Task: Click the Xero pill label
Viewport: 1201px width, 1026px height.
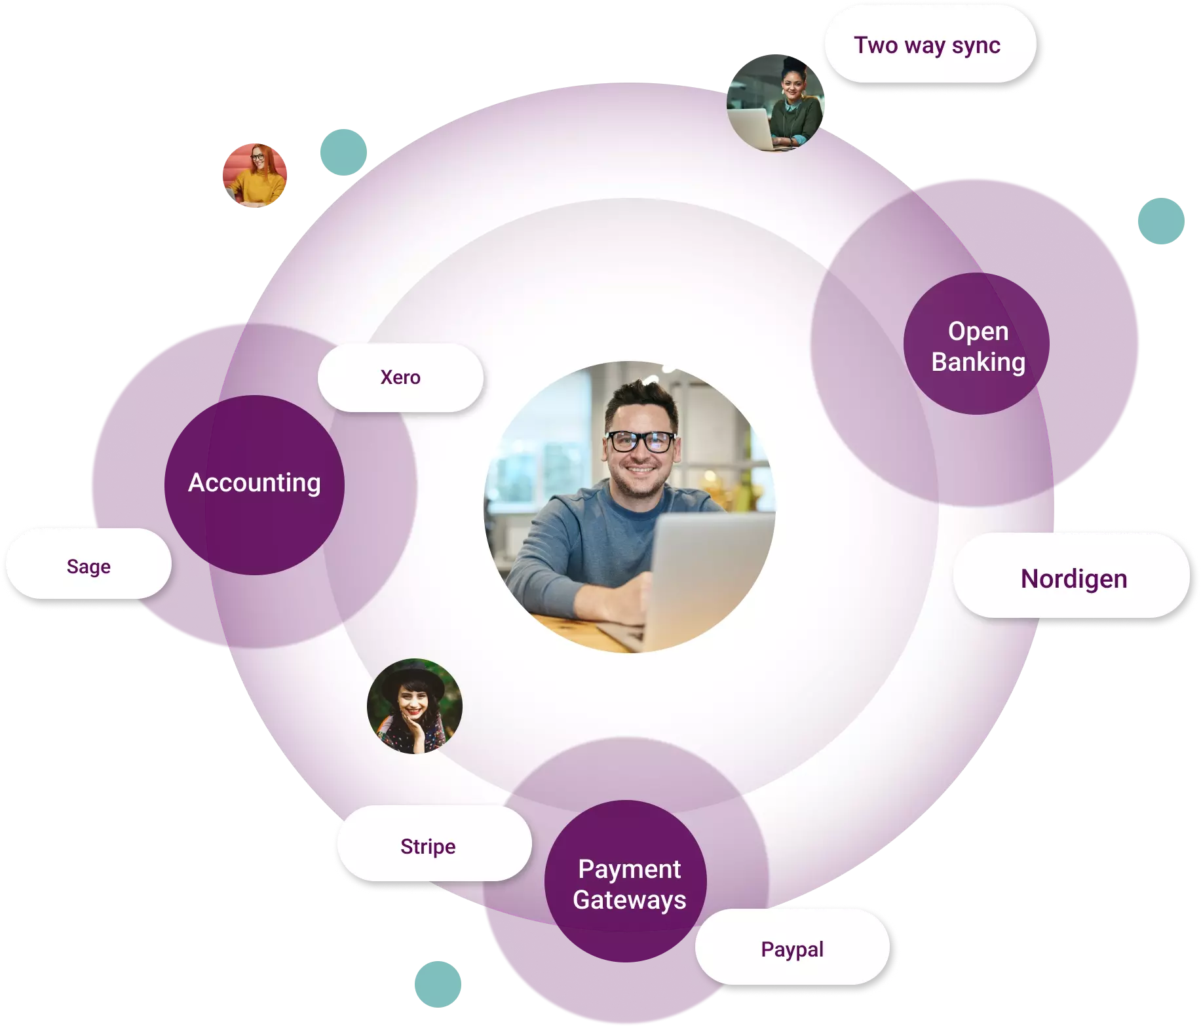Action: [x=400, y=377]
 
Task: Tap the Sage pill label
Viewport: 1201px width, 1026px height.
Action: [x=88, y=566]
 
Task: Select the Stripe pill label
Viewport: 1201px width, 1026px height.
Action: [x=428, y=846]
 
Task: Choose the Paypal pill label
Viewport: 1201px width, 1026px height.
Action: [x=792, y=949]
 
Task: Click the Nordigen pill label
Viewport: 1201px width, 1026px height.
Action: [x=1073, y=579]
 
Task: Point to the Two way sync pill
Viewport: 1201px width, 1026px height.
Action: [x=927, y=45]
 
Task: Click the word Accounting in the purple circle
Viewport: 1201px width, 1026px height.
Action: [x=254, y=483]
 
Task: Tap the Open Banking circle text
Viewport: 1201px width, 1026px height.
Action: [x=978, y=347]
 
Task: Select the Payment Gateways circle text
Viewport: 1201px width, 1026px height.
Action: [x=629, y=884]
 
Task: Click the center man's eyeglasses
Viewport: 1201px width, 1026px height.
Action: [x=640, y=441]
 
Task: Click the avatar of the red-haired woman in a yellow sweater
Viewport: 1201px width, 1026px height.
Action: [x=255, y=176]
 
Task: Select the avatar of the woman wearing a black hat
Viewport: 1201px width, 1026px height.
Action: [x=414, y=706]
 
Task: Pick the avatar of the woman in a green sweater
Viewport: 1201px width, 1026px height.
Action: [x=776, y=103]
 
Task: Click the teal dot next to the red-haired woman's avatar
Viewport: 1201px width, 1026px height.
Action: [x=343, y=152]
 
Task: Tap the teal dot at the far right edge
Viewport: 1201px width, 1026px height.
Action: [x=1161, y=221]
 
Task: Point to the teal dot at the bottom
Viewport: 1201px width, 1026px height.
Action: [x=438, y=984]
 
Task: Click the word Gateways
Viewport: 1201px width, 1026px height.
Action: [x=629, y=900]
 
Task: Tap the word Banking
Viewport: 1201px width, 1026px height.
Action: [x=978, y=362]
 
